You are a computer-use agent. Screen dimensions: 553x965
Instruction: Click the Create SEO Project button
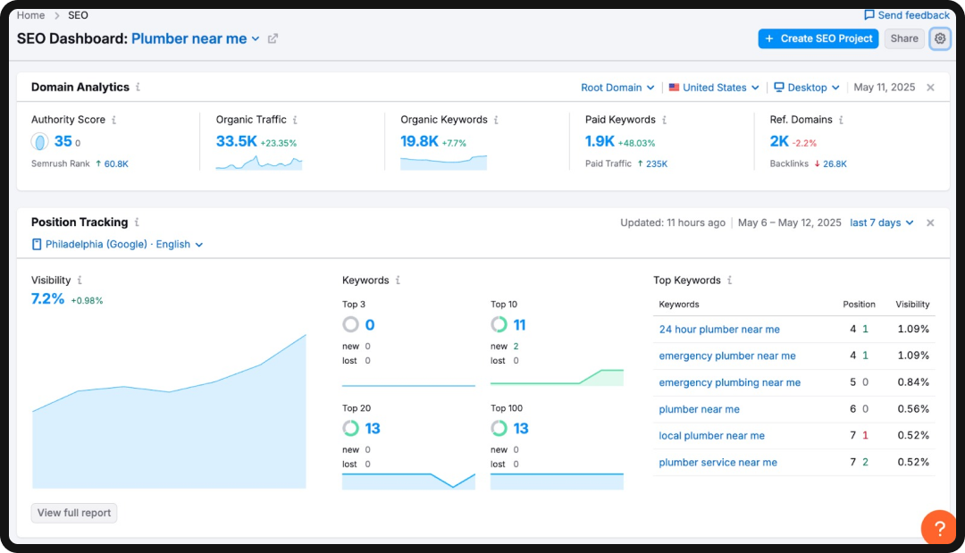tap(818, 38)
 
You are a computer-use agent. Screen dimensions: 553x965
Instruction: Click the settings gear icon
tap(939, 38)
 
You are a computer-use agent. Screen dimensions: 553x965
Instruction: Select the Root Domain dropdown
tap(617, 88)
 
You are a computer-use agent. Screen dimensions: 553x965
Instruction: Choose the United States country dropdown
tap(714, 88)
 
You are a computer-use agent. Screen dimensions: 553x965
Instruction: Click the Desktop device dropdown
tap(807, 88)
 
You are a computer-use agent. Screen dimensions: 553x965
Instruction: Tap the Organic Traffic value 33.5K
tap(236, 141)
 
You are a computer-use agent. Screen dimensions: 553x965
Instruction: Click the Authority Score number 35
tap(63, 141)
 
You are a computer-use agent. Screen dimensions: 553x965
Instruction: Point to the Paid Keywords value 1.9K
tap(600, 141)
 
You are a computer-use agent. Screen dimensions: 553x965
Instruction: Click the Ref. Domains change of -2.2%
tap(804, 143)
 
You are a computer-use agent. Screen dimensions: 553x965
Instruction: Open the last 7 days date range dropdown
tap(881, 222)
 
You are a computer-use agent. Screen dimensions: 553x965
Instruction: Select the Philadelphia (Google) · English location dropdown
tap(117, 244)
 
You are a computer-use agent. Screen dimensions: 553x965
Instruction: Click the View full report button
tap(74, 513)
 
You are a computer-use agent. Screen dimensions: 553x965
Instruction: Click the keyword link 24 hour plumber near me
tap(719, 330)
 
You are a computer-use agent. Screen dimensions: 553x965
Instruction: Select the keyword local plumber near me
tap(711, 436)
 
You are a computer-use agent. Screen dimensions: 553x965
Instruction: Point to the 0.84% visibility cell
tap(913, 382)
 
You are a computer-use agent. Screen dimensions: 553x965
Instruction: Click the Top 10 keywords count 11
tap(519, 325)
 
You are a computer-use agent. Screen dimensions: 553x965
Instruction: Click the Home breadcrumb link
tap(30, 15)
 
